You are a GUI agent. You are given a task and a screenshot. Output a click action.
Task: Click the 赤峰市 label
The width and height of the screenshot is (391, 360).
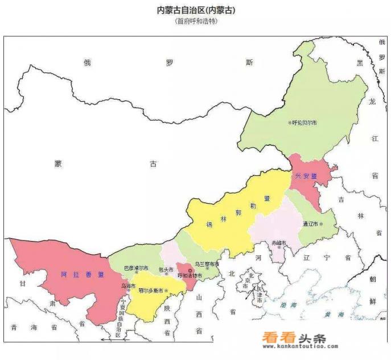click(x=278, y=243)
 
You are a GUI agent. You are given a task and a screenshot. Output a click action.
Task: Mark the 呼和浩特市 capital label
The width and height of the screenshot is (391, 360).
click(x=190, y=276)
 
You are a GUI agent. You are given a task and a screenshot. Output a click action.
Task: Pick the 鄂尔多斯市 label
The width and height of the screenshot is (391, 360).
click(x=151, y=291)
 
